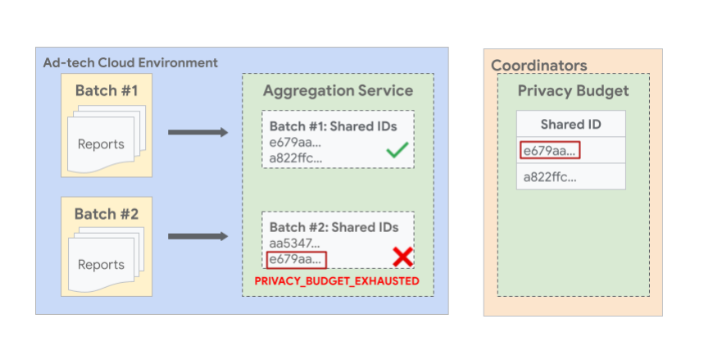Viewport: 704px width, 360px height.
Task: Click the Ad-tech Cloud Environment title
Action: point(130,62)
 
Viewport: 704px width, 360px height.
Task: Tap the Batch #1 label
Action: point(107,90)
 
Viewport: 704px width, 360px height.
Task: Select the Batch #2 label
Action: point(107,214)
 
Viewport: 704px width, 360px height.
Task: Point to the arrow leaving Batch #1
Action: point(198,132)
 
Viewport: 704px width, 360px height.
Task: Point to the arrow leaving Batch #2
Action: point(198,237)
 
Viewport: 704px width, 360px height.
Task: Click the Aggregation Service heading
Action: point(338,90)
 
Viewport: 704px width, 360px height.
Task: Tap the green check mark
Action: point(397,151)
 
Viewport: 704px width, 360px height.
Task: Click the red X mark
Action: point(402,257)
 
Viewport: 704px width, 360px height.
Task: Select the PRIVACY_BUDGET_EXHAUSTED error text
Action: point(337,281)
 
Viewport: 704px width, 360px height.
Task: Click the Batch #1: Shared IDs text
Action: point(334,126)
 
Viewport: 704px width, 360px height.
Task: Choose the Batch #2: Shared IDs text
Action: point(334,227)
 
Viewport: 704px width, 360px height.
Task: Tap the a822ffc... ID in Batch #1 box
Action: point(296,158)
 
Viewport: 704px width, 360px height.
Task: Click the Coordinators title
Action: point(538,65)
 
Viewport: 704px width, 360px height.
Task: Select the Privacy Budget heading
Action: point(573,91)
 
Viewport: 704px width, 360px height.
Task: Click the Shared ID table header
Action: point(570,124)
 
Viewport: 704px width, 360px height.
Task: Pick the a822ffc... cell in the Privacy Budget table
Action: point(550,175)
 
